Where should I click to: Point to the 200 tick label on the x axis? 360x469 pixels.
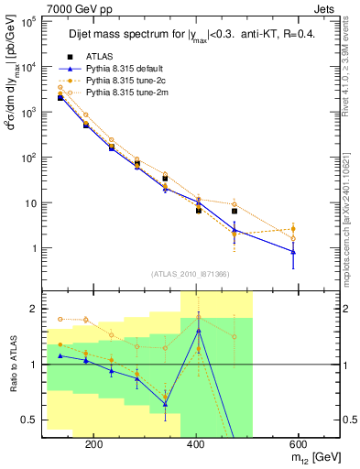pyautogui.click(x=169, y=443)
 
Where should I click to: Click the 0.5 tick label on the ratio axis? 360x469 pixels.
pyautogui.click(x=27, y=420)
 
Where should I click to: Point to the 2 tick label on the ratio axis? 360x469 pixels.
pyautogui.click(x=32, y=309)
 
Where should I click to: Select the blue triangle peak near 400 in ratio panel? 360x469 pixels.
pyautogui.click(x=198, y=331)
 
